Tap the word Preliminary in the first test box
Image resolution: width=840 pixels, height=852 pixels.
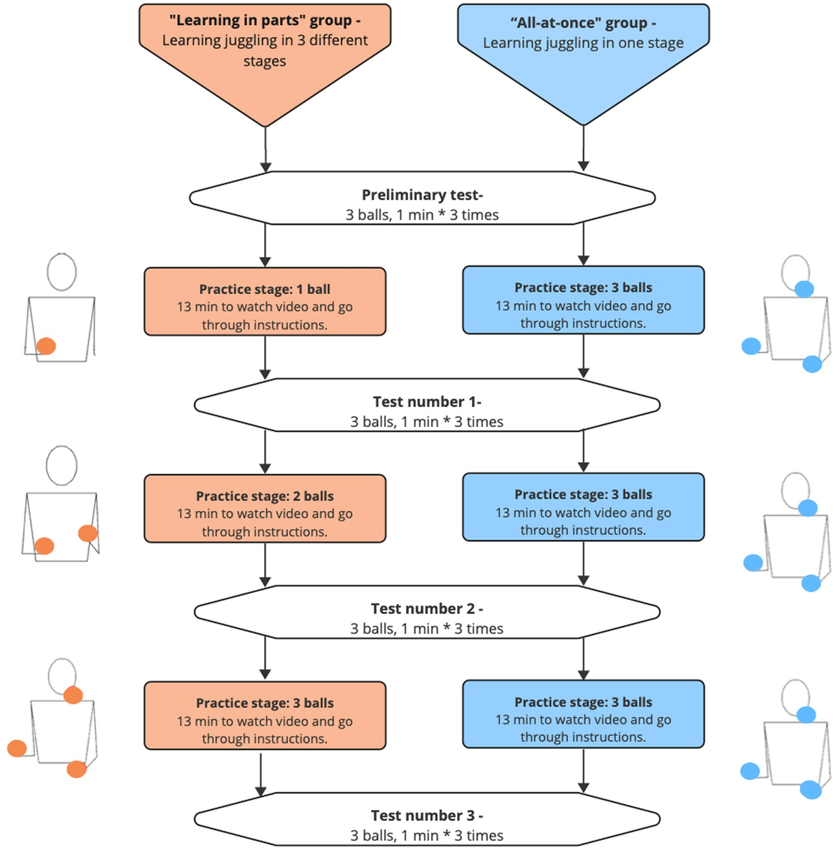click(395, 195)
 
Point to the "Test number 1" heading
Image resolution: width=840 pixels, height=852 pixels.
click(426, 402)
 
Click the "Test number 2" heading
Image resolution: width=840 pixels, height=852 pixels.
click(426, 608)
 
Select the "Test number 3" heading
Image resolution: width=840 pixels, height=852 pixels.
click(426, 816)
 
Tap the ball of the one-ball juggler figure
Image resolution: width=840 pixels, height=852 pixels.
click(46, 346)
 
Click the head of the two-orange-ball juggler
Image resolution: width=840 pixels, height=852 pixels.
click(62, 466)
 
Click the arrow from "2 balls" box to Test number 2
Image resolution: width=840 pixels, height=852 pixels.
click(265, 564)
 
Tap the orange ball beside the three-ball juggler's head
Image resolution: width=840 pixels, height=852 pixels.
click(73, 695)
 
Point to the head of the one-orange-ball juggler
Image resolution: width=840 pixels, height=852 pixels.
click(62, 272)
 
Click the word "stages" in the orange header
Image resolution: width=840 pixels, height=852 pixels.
click(265, 62)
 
